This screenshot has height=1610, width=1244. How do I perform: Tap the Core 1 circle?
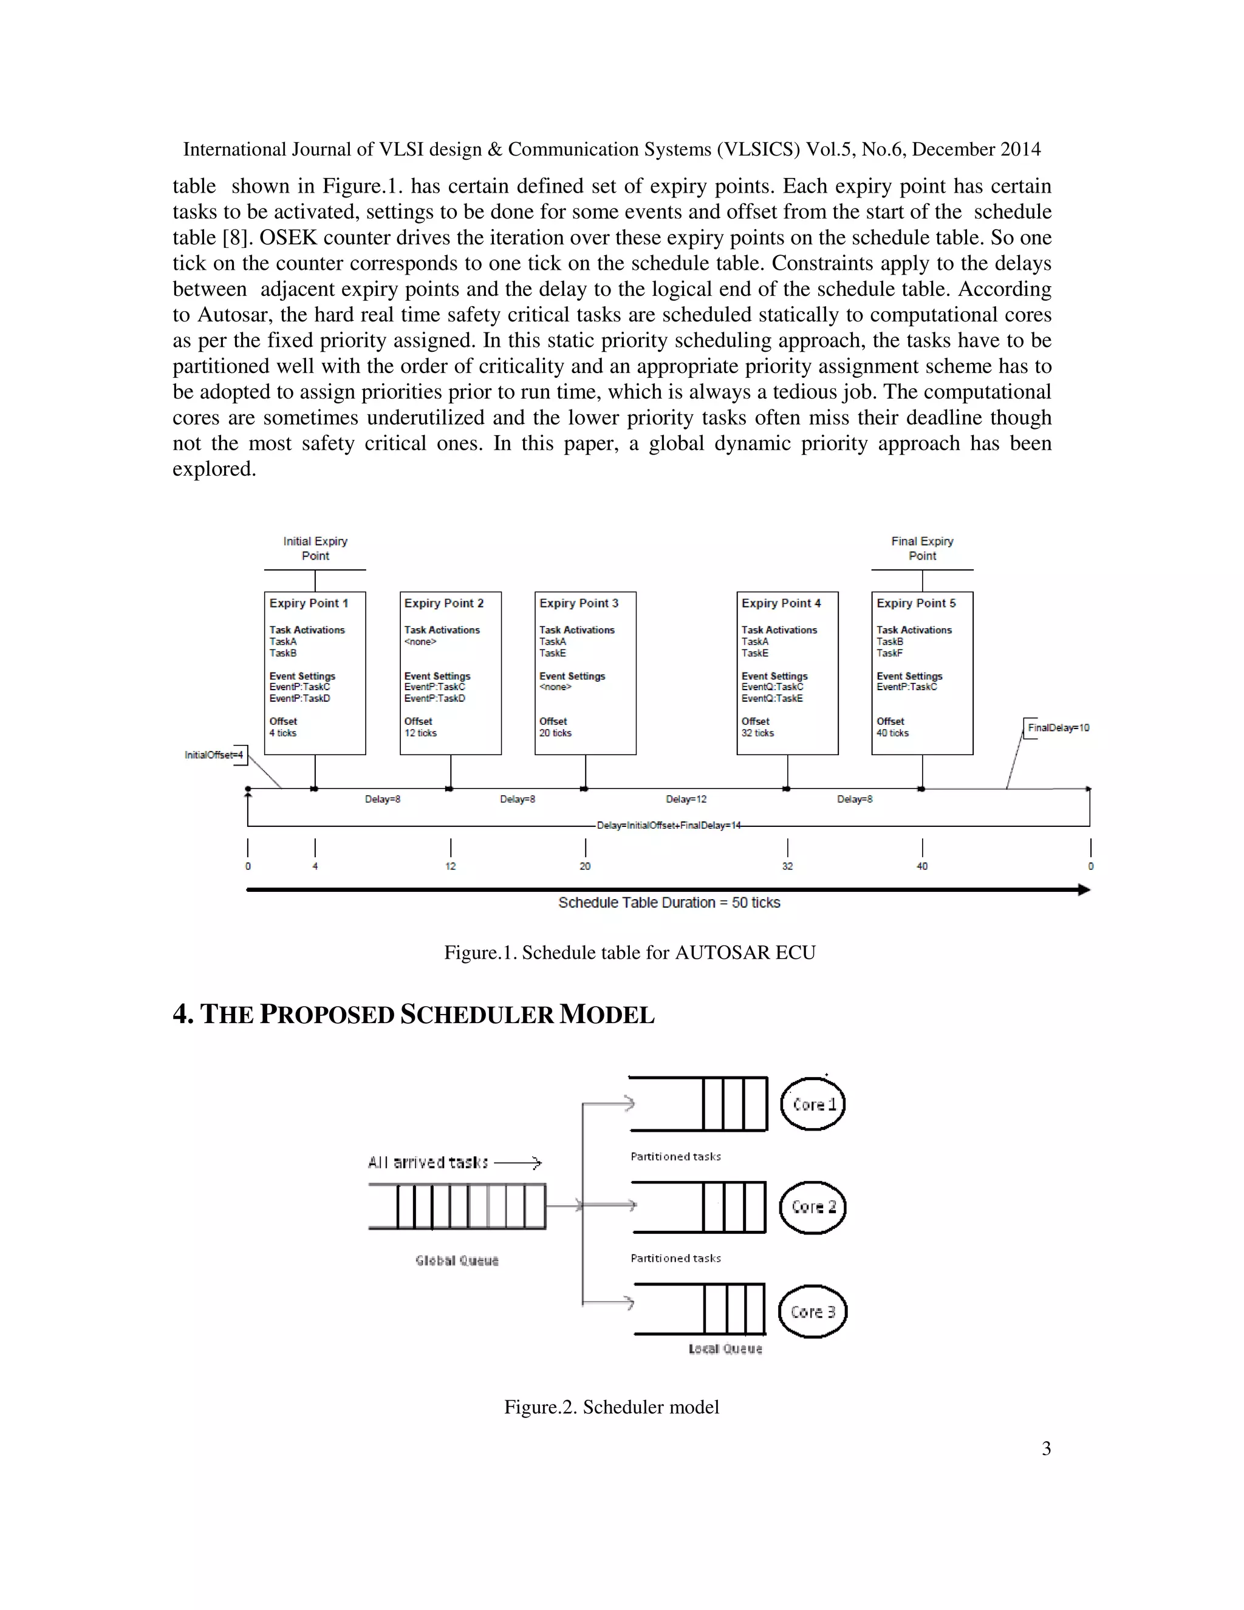813,1103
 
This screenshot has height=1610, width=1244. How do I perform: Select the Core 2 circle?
813,1207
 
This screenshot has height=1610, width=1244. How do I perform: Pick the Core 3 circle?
813,1312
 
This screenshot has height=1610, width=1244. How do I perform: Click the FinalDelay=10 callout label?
1058,728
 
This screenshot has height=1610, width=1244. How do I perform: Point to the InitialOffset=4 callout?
214,755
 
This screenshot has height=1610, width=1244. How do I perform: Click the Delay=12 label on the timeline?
686,799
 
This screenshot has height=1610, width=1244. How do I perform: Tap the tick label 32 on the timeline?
787,866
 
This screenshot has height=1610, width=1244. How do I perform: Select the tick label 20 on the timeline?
585,866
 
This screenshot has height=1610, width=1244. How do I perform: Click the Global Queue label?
457,1261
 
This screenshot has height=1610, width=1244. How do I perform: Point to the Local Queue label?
725,1348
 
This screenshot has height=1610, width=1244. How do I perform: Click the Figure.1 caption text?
629,953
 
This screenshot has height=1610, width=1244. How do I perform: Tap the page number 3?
1046,1448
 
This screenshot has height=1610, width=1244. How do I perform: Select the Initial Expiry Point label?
315,549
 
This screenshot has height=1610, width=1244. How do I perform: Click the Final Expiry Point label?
922,549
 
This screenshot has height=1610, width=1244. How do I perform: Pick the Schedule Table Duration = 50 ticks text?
669,902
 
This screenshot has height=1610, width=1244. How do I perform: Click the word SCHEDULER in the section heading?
476,1015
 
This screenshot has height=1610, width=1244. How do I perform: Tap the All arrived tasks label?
428,1162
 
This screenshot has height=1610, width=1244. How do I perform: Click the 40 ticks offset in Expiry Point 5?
892,733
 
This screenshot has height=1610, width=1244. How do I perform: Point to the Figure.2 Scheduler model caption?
612,1406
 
